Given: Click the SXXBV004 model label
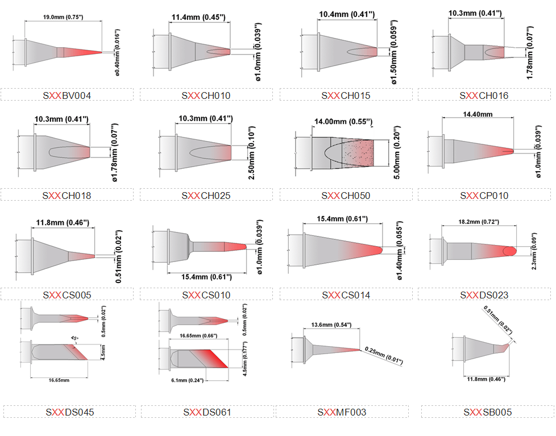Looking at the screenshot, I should [x=67, y=95].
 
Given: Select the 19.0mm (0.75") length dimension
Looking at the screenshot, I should [x=63, y=17].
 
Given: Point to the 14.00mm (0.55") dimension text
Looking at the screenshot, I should [x=343, y=122].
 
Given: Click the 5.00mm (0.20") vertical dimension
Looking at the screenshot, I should [x=397, y=152].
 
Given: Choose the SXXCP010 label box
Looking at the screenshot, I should [x=484, y=196].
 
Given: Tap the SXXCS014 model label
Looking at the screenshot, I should [x=346, y=295].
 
